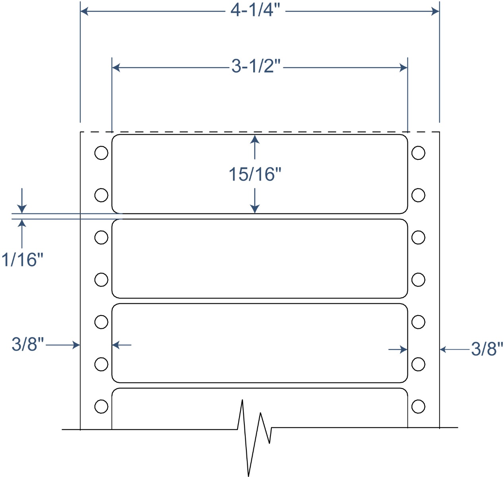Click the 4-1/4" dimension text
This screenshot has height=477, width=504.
click(256, 10)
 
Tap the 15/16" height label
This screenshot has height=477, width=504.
click(255, 175)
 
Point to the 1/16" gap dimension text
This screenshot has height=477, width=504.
click(22, 260)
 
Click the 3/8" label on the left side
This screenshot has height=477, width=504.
click(28, 344)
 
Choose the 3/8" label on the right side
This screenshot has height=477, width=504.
click(487, 349)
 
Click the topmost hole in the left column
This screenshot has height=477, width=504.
click(101, 153)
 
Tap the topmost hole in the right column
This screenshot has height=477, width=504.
click(418, 153)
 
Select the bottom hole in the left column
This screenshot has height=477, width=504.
click(101, 406)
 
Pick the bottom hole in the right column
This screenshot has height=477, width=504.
click(418, 406)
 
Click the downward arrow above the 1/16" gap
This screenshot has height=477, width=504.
click(22, 208)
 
